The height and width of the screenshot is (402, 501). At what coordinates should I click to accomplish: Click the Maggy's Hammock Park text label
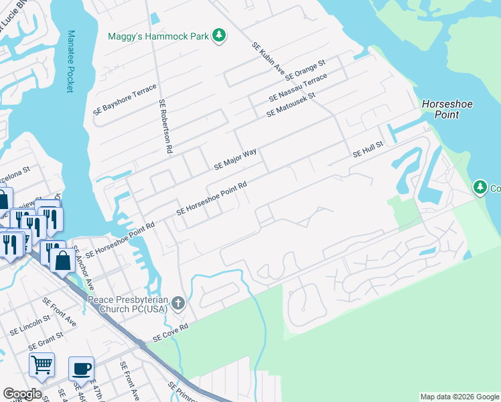[x=159, y=36]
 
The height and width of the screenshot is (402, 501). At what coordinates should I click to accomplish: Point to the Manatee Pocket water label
[x=70, y=60]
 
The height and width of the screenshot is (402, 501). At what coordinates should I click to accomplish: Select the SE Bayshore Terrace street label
[x=125, y=100]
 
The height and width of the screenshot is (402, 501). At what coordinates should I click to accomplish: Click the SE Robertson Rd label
[x=165, y=126]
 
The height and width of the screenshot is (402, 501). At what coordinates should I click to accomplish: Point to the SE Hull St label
[x=368, y=149]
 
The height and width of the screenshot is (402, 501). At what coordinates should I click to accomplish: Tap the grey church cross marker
[x=178, y=304]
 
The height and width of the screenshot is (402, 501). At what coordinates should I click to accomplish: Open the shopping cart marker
[x=42, y=365]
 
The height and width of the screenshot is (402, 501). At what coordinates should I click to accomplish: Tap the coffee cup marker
[x=81, y=368]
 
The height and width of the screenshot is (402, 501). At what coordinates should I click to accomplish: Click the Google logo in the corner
[x=22, y=394]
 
